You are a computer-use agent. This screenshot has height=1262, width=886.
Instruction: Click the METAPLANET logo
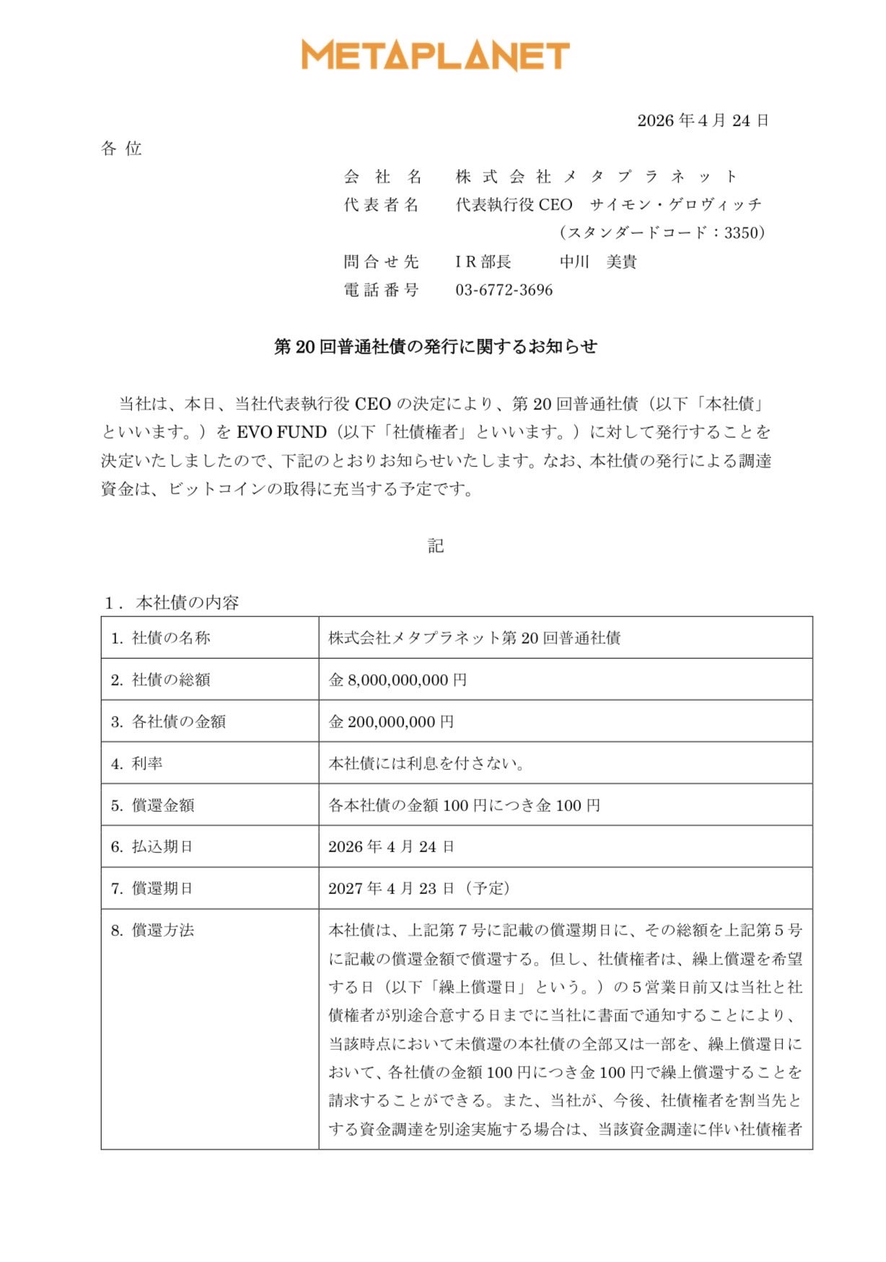point(436,56)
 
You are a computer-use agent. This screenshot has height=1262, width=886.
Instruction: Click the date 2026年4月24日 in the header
point(703,120)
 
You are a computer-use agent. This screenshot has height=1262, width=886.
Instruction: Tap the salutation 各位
point(121,149)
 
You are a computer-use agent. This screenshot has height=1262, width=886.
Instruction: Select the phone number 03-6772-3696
point(504,290)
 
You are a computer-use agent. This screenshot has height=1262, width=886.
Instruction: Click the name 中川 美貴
point(598,262)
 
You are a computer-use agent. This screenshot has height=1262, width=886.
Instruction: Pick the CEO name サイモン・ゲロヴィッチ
point(675,205)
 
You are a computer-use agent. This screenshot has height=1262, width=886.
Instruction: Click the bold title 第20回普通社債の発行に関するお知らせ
point(436,347)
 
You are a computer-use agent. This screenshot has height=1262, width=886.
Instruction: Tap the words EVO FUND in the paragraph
point(281,432)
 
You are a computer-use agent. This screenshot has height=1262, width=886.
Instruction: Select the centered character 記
point(436,546)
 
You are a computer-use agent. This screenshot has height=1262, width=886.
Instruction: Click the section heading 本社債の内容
point(187,603)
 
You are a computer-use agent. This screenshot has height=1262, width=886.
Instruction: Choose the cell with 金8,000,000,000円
point(398,680)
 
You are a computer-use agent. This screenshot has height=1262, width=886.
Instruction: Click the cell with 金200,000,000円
point(391,722)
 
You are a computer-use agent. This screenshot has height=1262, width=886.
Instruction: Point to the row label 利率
point(147,763)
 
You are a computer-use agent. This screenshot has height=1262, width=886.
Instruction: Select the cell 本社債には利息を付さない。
point(426,763)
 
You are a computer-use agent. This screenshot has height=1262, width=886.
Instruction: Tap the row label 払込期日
point(162,847)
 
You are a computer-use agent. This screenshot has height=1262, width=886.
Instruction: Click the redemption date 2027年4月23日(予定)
point(419,888)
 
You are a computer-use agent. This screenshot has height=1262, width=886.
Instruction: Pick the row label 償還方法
point(162,931)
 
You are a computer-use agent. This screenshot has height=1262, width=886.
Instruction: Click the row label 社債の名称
point(170,638)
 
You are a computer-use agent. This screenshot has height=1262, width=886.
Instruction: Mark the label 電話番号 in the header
point(381,290)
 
